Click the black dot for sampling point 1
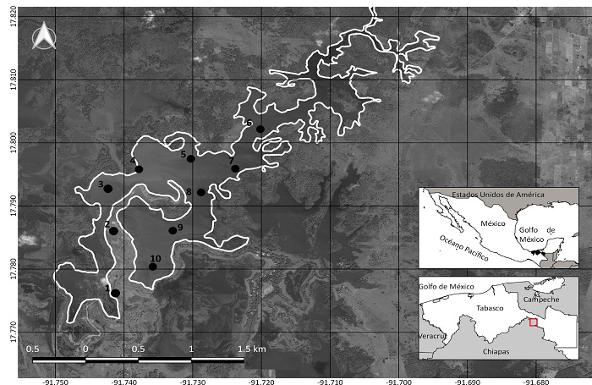click(116, 294)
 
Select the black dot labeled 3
click(108, 189)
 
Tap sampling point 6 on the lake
click(260, 129)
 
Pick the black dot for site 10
click(153, 267)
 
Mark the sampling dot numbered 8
click(201, 192)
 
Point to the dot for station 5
click(191, 159)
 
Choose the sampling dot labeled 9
click(173, 230)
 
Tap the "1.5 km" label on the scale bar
click(252, 349)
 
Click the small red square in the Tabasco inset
click(533, 322)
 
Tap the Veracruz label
click(430, 335)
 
